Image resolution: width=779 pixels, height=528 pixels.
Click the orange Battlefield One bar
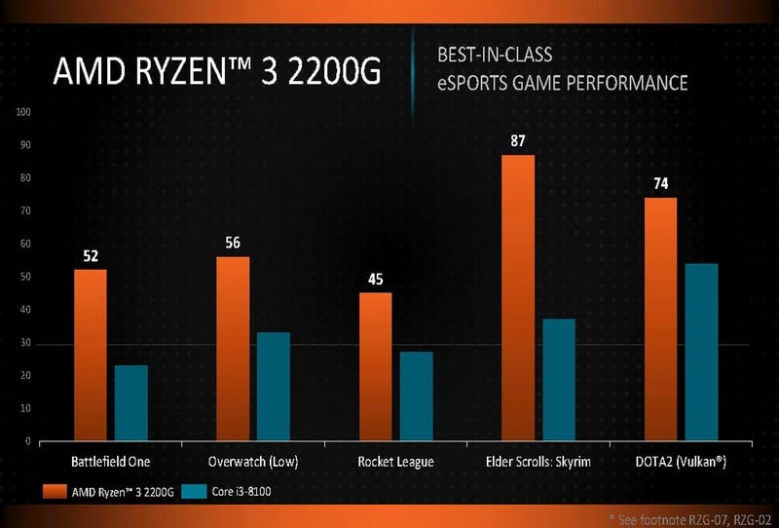pos(91,355)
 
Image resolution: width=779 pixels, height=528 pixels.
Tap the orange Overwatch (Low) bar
pos(233,349)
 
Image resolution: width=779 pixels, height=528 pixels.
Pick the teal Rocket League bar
pos(416,396)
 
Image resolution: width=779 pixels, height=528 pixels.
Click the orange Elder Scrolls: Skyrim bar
pos(518,297)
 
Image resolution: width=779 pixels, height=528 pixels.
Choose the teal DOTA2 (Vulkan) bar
pos(701,352)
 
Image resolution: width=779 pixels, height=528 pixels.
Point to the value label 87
pos(518,141)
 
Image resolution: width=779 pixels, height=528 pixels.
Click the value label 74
pos(660,183)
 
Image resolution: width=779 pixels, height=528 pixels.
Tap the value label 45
pos(376,280)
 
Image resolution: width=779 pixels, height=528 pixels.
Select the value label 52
pos(91,256)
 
